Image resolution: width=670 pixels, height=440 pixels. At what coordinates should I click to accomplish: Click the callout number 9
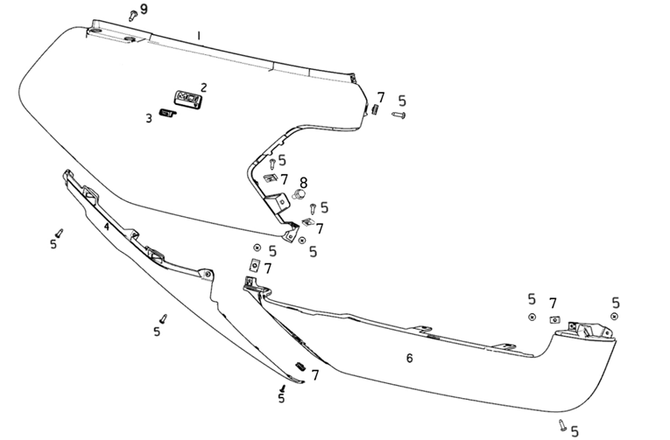point(144,9)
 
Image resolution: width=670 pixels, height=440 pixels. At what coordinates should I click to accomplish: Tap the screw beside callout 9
point(133,16)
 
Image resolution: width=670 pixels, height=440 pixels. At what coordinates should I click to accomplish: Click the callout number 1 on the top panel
point(199,36)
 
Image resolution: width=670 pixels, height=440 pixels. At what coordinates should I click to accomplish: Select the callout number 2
point(204,87)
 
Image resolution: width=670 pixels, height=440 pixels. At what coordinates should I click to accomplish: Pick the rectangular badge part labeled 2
point(187,99)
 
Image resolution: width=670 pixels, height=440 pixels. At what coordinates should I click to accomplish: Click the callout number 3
point(149,118)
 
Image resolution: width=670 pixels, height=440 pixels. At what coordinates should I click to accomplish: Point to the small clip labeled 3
point(167,113)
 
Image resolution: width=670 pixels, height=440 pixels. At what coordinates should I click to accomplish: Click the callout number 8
point(303,183)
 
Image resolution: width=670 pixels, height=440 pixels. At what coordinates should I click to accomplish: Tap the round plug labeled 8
point(300,194)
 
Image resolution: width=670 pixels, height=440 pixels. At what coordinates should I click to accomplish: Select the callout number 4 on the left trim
point(106,227)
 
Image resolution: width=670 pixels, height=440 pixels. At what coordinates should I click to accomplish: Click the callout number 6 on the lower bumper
point(409,358)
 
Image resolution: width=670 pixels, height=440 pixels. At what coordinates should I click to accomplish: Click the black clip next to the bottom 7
point(301,367)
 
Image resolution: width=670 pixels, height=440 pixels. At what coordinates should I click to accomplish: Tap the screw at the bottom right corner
point(562,424)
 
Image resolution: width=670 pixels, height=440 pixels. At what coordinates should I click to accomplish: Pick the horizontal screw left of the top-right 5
point(398,115)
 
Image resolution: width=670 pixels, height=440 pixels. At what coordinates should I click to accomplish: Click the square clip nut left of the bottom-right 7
point(554,319)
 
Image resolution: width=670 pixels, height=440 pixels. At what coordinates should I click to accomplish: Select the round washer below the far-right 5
point(615,317)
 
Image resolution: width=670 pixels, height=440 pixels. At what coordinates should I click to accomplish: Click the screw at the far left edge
point(59,234)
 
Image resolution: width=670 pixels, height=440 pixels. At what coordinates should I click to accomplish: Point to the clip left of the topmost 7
point(375,108)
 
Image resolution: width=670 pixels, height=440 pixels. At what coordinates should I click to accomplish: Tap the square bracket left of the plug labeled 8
point(277,202)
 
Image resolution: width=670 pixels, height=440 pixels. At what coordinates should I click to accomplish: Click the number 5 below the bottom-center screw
point(281,398)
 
